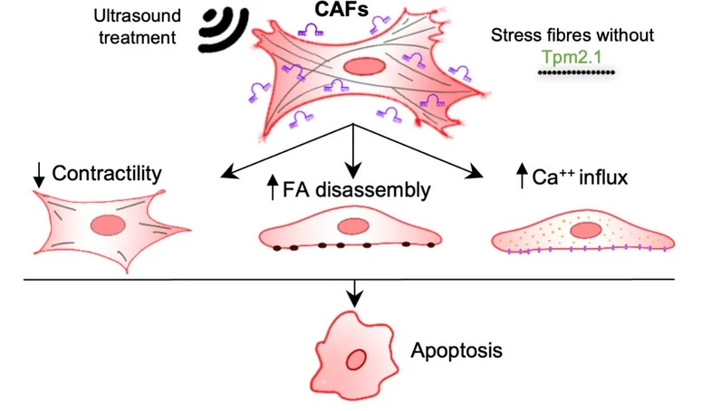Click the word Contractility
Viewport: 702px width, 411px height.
[114, 171]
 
